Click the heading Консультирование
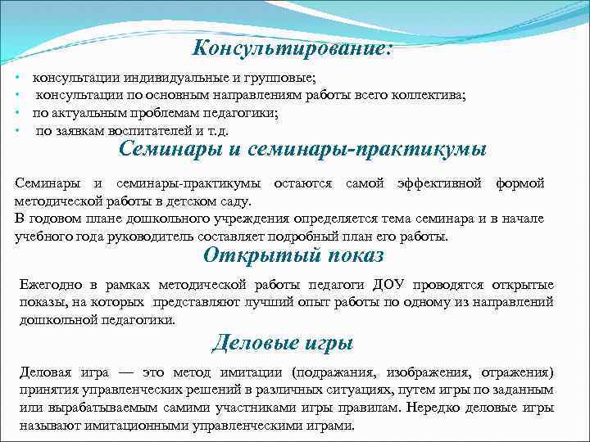(x=293, y=48)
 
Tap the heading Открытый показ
(x=293, y=255)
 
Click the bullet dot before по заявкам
(x=17, y=130)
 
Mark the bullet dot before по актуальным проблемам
(x=17, y=113)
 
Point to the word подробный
(x=320, y=237)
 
